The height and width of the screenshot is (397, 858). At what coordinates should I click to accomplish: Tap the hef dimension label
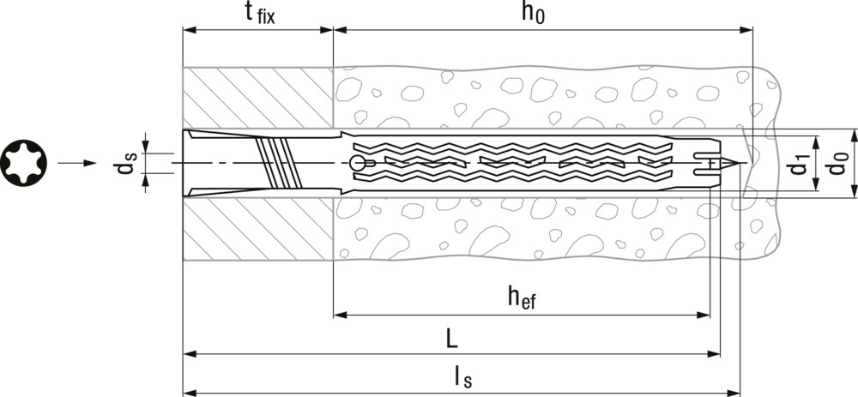(521, 297)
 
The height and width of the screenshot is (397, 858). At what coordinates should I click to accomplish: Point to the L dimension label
(451, 338)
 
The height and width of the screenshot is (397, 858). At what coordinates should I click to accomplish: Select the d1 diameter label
(798, 163)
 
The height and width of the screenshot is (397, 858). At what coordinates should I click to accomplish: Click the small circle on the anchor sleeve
(357, 163)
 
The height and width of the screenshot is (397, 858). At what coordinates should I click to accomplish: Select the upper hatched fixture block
(257, 98)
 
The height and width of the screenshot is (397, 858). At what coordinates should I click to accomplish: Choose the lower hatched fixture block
(257, 228)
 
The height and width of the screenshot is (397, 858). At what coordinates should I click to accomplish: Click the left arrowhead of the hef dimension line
(340, 315)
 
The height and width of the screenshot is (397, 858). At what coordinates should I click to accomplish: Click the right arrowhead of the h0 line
(746, 30)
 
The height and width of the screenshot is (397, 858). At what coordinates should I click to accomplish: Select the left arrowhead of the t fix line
(189, 30)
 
